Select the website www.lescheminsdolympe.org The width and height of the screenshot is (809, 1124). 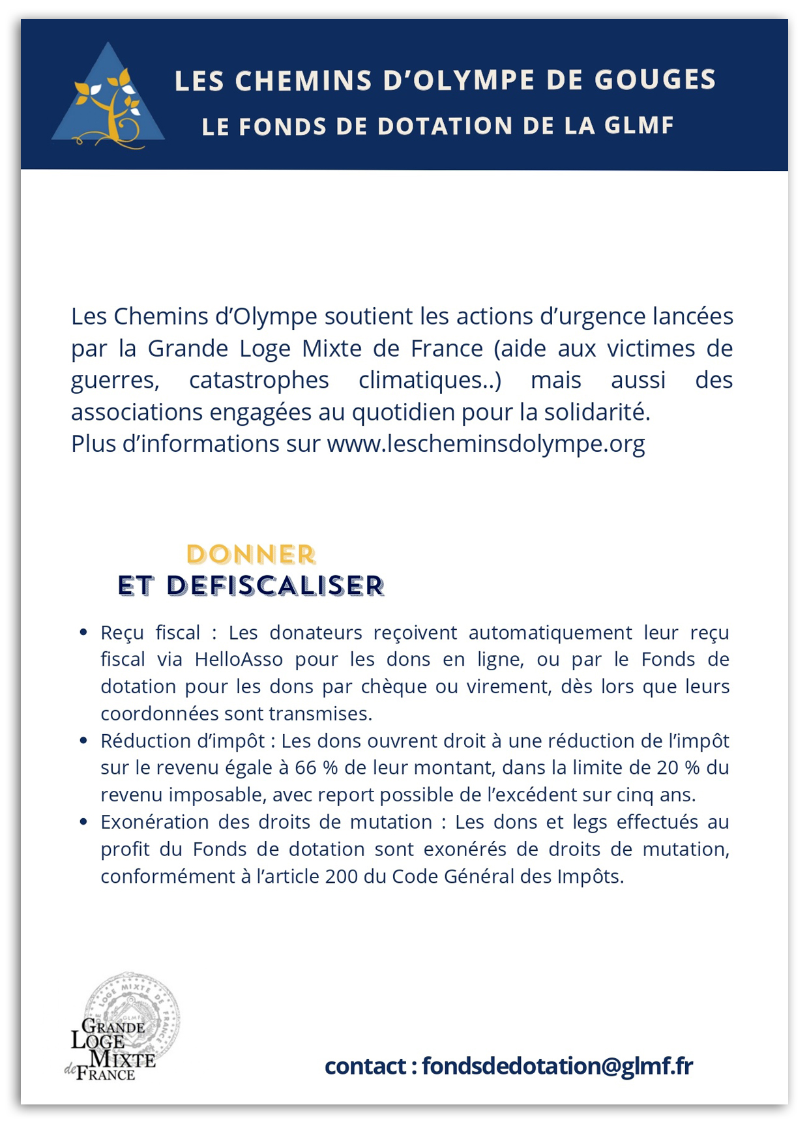pyautogui.click(x=486, y=444)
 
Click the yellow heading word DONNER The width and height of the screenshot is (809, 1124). pyautogui.click(x=251, y=555)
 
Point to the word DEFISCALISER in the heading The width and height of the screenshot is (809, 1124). pyautogui.click(x=275, y=586)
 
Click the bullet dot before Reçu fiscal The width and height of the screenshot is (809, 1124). pyautogui.click(x=83, y=632)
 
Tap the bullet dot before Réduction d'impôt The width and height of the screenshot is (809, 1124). pyautogui.click(x=83, y=741)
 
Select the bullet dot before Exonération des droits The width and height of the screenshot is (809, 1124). pyautogui.click(x=83, y=821)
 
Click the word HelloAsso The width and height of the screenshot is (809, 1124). pyautogui.click(x=239, y=660)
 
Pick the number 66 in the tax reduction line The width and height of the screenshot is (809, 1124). pyautogui.click(x=305, y=768)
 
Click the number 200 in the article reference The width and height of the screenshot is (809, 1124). pyautogui.click(x=342, y=876)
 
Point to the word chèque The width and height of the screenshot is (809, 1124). pyautogui.click(x=389, y=687)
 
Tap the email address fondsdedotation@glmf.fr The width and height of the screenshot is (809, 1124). pyautogui.click(x=557, y=1066)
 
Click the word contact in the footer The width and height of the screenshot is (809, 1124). pyautogui.click(x=365, y=1066)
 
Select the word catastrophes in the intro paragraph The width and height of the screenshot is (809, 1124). pyautogui.click(x=259, y=380)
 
